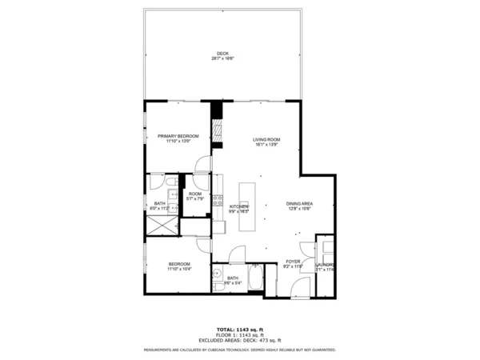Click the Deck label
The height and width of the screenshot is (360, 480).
tap(222, 54)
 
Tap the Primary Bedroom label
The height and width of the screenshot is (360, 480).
tap(178, 137)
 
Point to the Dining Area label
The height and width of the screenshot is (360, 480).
tap(299, 203)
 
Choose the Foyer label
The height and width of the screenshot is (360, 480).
tap(294, 262)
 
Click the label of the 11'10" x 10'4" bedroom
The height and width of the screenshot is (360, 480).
tap(178, 265)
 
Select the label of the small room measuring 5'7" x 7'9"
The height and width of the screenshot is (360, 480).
tap(194, 194)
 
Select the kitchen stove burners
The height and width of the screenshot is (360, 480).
tap(217, 201)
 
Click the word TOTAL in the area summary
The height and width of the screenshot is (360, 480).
tap(225, 329)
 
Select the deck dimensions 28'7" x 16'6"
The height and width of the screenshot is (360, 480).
tap(222, 59)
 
